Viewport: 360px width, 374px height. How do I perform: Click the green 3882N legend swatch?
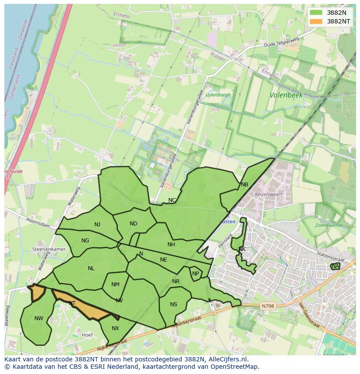tap(316, 13)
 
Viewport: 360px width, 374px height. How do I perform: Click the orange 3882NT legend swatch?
tap(316, 21)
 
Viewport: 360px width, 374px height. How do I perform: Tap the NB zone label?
tap(244, 185)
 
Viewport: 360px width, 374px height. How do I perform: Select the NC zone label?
tap(172, 200)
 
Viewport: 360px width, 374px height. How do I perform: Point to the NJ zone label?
tap(97, 225)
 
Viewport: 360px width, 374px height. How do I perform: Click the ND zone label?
tap(133, 224)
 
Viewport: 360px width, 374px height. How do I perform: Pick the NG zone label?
tap(85, 241)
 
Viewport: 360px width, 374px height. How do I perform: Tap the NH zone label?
tap(171, 245)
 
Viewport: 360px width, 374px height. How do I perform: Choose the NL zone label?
tap(91, 268)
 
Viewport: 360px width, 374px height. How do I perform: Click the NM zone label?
tap(115, 285)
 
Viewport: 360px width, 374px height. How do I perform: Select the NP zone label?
tap(196, 274)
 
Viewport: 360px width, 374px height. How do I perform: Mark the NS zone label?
tap(173, 304)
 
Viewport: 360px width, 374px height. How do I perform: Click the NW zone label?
tap(39, 318)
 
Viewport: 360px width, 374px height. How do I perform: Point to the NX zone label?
tap(115, 328)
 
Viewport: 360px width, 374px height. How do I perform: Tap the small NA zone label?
tap(335, 266)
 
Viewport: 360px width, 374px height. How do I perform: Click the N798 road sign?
tap(268, 306)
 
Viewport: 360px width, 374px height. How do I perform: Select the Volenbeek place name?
tap(286, 95)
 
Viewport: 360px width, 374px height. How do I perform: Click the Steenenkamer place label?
tap(49, 249)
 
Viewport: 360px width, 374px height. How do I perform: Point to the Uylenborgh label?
tap(218, 95)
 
